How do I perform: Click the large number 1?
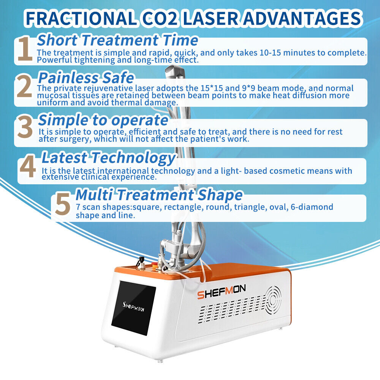pos(25,49)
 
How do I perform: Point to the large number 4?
pos(28,167)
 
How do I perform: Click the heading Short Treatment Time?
pos(117,40)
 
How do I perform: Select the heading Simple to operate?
pos(103,120)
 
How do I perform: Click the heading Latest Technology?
pos(108,157)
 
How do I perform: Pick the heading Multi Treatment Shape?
pos(159,195)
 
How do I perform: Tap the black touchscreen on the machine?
pos(133,308)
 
